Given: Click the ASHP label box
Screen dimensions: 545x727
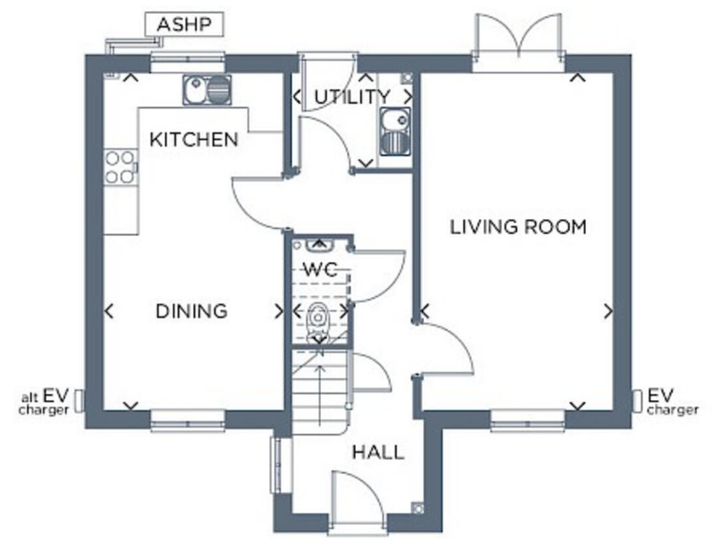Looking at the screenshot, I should coord(184,25).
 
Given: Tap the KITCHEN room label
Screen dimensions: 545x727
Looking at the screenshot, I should coord(194,140).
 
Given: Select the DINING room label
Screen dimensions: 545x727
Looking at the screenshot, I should coord(192,310).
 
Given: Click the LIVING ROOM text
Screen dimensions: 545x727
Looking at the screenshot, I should coord(518,227).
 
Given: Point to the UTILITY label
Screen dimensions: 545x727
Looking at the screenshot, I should coord(352,97).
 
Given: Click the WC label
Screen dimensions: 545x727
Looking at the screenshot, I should coord(319,268).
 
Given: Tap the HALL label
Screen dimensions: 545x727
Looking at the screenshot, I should coord(378,452).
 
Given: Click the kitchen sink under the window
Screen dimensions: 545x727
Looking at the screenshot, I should coord(206,91).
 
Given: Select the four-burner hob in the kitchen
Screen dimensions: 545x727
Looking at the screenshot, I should coord(120,167).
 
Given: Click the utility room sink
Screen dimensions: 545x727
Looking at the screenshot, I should coord(393,131).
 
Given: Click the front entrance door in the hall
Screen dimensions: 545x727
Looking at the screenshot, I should coord(357,497).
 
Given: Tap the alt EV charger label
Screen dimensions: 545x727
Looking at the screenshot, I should coord(42,403).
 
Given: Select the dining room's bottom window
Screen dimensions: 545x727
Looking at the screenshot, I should coord(187,414).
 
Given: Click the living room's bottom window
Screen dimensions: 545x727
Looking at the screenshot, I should coord(527,414).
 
